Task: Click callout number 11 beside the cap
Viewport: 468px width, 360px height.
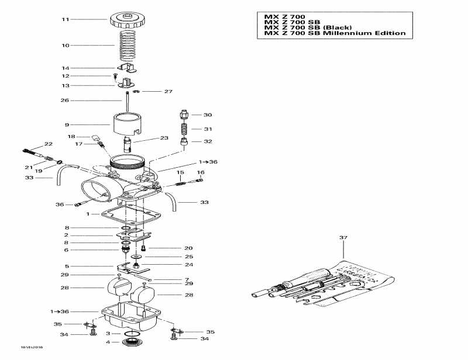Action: click(66, 20)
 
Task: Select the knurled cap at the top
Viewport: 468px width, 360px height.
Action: click(126, 20)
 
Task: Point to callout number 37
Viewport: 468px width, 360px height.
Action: click(343, 237)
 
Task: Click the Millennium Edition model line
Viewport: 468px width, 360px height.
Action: click(335, 33)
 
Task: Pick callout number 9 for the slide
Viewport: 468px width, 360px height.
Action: click(67, 124)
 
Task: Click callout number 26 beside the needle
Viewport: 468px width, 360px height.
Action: click(66, 101)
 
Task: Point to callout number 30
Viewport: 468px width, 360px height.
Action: click(208, 115)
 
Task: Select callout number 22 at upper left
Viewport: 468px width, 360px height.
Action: click(48, 144)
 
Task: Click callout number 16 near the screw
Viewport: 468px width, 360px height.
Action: click(200, 172)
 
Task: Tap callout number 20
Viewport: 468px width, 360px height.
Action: click(188, 248)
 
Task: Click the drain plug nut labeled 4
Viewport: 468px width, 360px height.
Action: click(132, 342)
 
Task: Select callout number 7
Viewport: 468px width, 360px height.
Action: click(187, 279)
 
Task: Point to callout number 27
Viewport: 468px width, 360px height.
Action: click(168, 92)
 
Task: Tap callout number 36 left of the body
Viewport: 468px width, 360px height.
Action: click(60, 205)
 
